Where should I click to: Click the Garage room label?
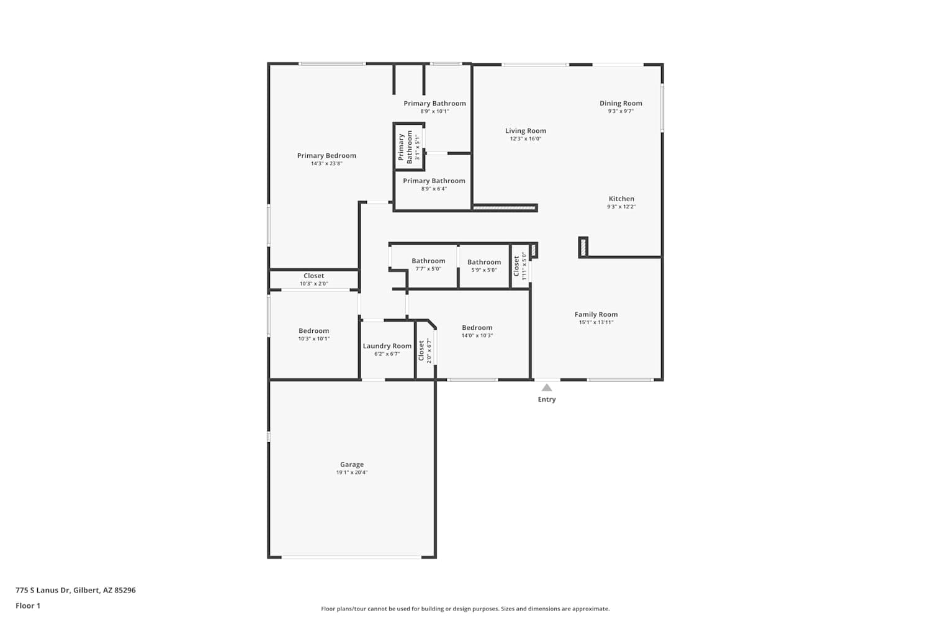click(x=352, y=464)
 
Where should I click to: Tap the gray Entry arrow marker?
click(x=547, y=388)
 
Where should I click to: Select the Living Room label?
click(x=525, y=130)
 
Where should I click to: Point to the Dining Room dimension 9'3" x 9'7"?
click(x=621, y=111)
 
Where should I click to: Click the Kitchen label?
click(x=621, y=198)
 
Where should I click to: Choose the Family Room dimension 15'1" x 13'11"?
click(x=596, y=322)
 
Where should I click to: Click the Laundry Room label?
click(x=387, y=346)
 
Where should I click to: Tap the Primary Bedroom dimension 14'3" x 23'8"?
click(x=326, y=163)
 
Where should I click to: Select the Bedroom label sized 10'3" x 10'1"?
click(x=313, y=330)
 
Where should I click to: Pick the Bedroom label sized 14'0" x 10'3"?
click(x=477, y=327)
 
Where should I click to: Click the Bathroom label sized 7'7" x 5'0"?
click(x=428, y=261)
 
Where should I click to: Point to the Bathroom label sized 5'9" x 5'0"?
click(x=483, y=262)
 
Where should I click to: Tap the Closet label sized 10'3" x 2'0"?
click(x=313, y=276)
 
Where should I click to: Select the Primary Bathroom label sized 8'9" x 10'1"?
click(x=434, y=103)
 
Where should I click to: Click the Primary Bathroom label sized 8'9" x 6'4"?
click(x=433, y=181)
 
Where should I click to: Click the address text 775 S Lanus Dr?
click(x=42, y=590)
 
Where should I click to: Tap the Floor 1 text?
click(x=28, y=605)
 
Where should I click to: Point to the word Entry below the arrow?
click(x=547, y=399)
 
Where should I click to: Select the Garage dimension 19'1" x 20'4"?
click(x=352, y=472)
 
